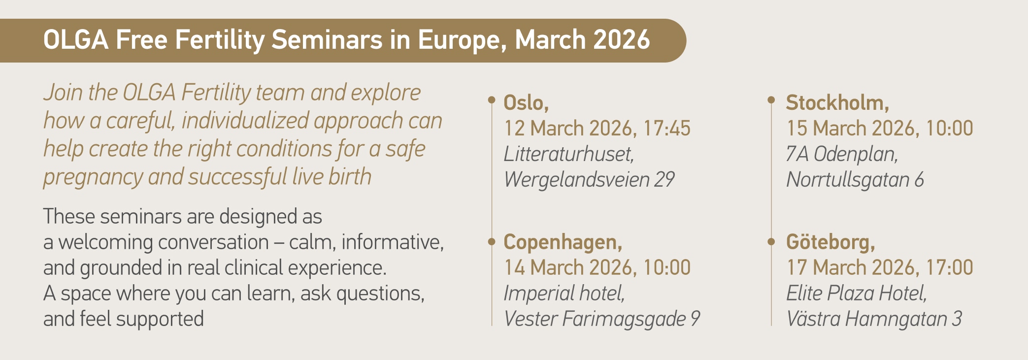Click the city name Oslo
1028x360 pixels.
[524, 103]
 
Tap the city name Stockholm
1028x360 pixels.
[834, 103]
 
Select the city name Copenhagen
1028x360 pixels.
[560, 243]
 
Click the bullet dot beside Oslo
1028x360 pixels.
[491, 100]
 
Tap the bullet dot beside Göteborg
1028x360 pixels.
[771, 241]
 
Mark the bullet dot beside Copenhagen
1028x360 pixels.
[491, 241]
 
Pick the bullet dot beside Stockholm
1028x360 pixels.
[771, 100]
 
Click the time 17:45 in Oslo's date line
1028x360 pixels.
[667, 129]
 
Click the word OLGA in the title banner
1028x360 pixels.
[76, 40]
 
